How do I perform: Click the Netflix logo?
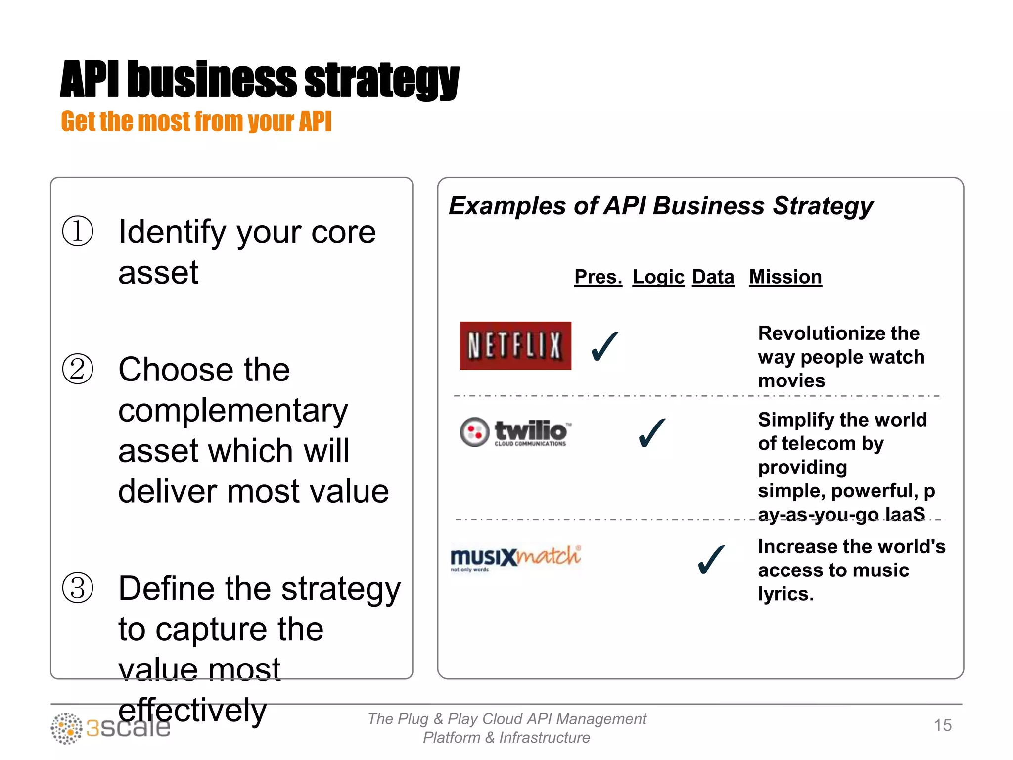[515, 345]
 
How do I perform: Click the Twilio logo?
[515, 432]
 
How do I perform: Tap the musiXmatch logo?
[515, 558]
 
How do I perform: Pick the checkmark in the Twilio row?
[651, 433]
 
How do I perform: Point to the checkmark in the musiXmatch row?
[711, 560]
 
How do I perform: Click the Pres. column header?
[598, 277]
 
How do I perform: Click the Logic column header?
[658, 277]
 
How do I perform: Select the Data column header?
[713, 277]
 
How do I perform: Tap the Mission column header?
[785, 277]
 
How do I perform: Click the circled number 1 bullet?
[78, 231]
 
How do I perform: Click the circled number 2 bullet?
[78, 369]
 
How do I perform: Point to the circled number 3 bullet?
[78, 588]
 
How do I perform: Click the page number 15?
[942, 725]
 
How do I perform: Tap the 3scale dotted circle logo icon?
[66, 728]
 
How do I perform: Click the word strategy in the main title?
[381, 81]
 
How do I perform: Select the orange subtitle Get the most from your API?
[196, 122]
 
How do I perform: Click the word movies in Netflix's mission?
[791, 380]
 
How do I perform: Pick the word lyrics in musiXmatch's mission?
[785, 593]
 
